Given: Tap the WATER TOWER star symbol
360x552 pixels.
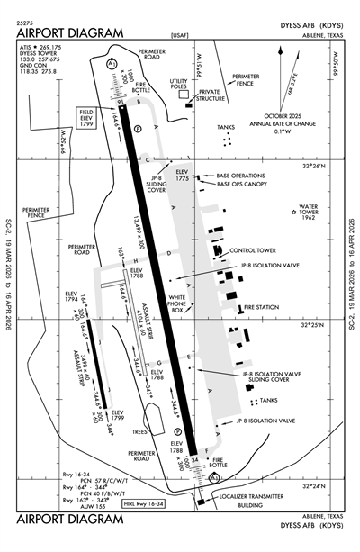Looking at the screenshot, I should click(x=294, y=212).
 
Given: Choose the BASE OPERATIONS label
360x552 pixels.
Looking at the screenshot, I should click(x=247, y=176).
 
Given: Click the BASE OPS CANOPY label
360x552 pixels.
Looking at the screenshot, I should click(x=247, y=185).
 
